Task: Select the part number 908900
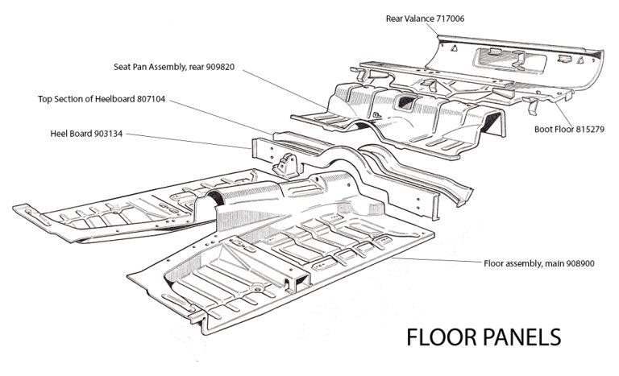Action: (x=578, y=262)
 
